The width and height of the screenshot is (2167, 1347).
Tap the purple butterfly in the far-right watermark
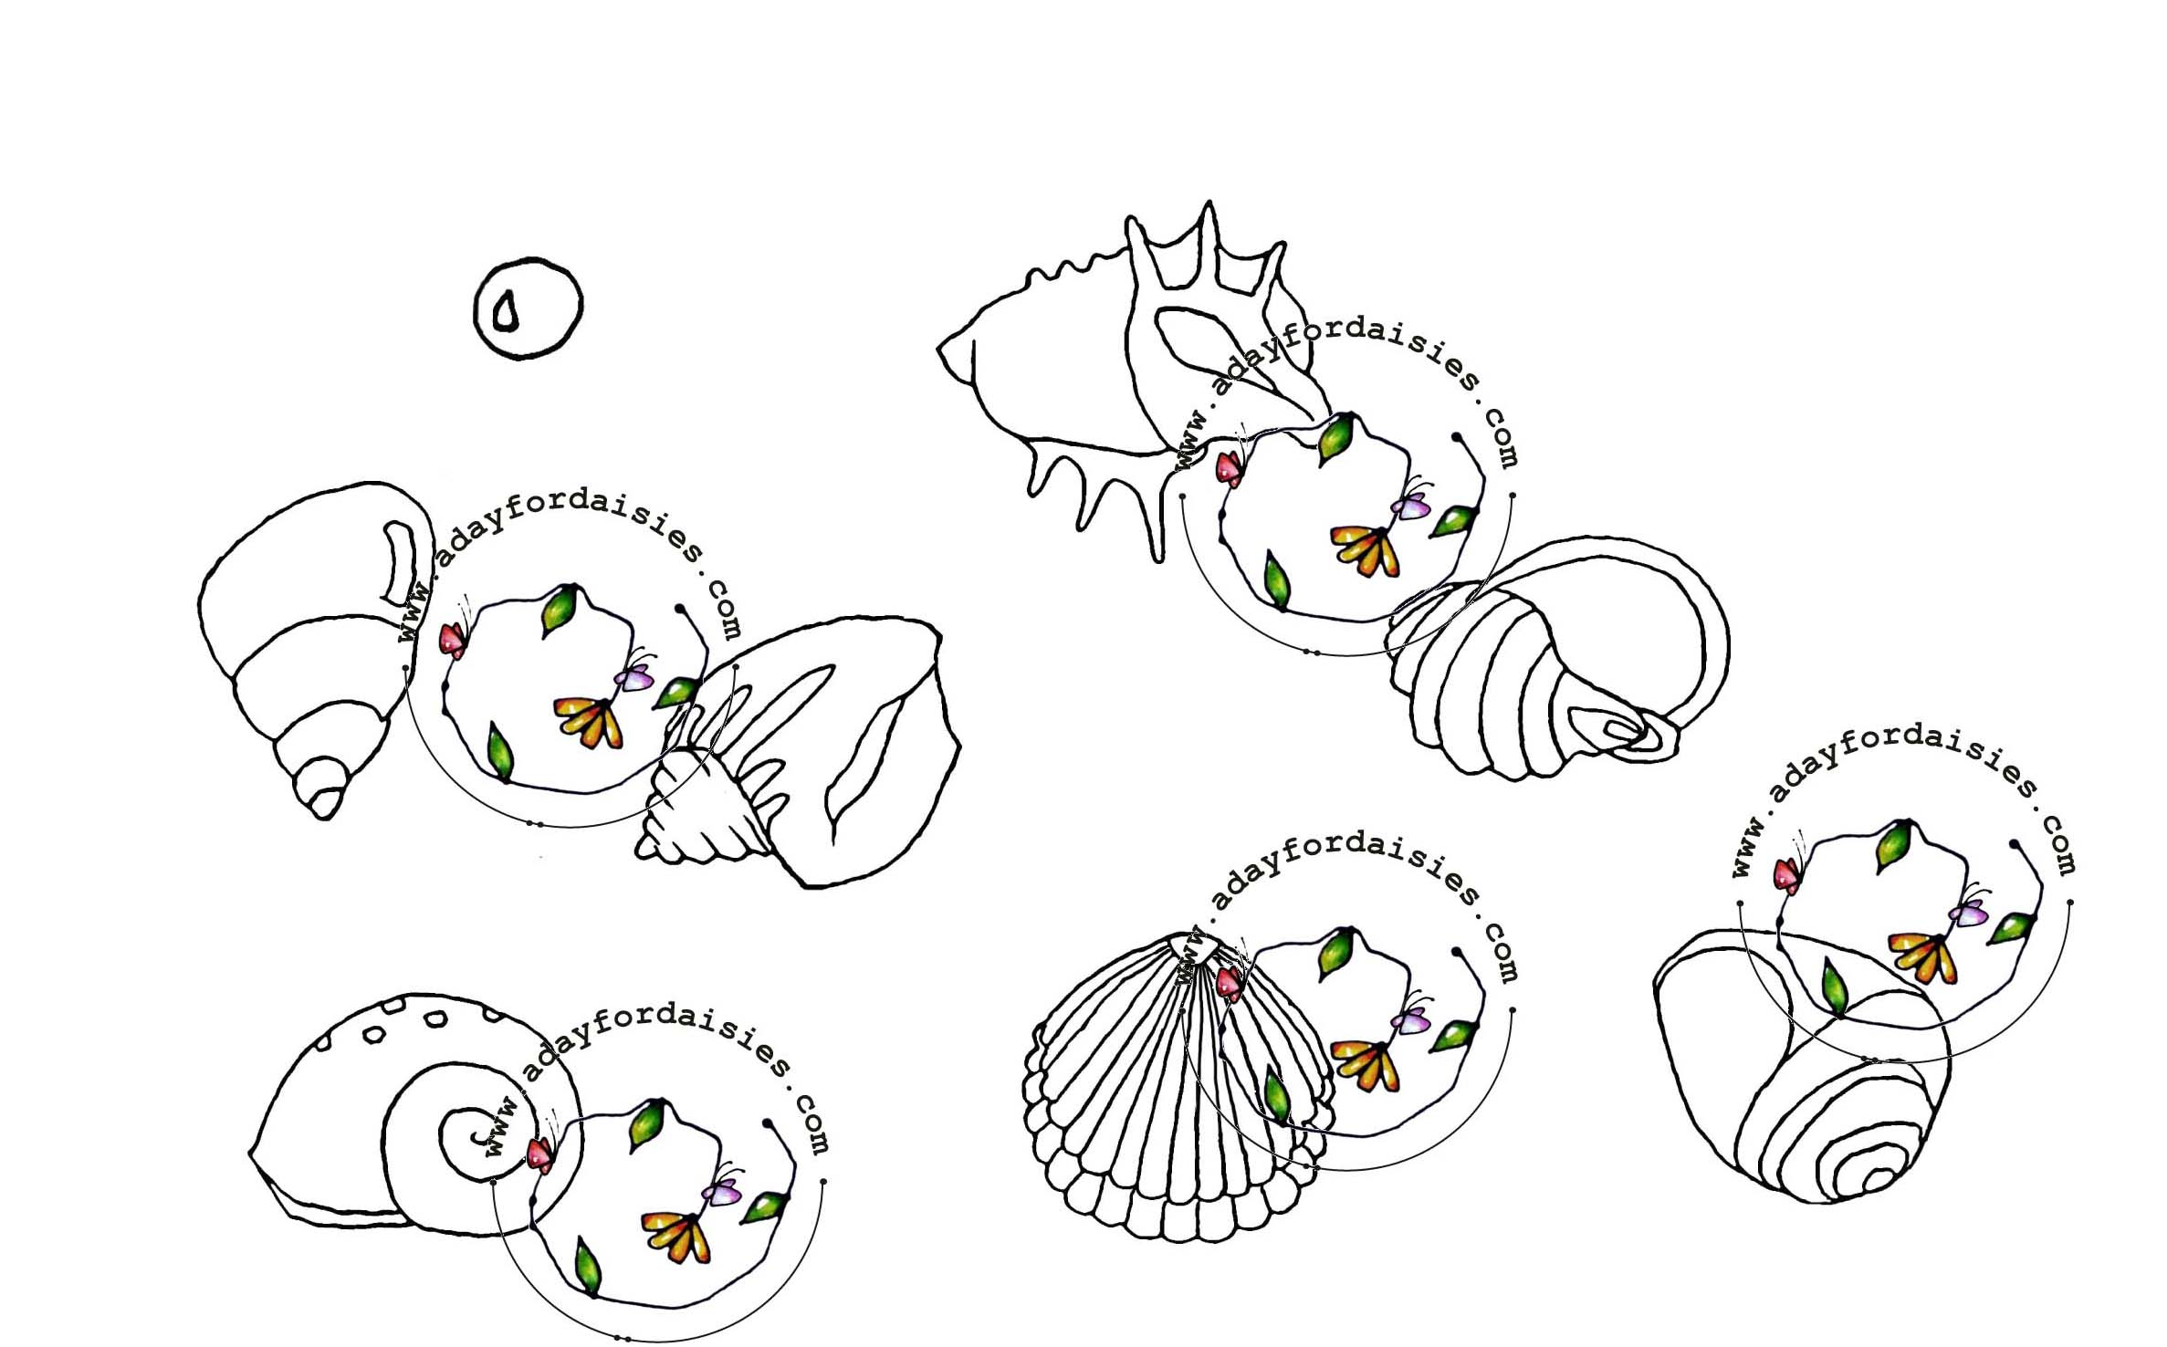1968,911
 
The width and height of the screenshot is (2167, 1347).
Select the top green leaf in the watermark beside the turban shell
560,609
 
